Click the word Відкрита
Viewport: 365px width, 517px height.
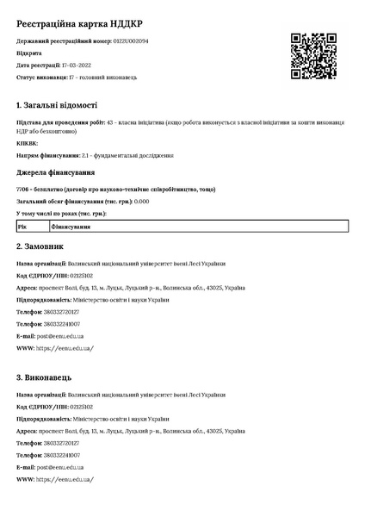coord(28,53)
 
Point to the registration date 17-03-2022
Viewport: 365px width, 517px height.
coord(78,65)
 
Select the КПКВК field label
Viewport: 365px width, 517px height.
coord(28,143)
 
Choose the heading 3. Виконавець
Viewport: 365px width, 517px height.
coord(49,377)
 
